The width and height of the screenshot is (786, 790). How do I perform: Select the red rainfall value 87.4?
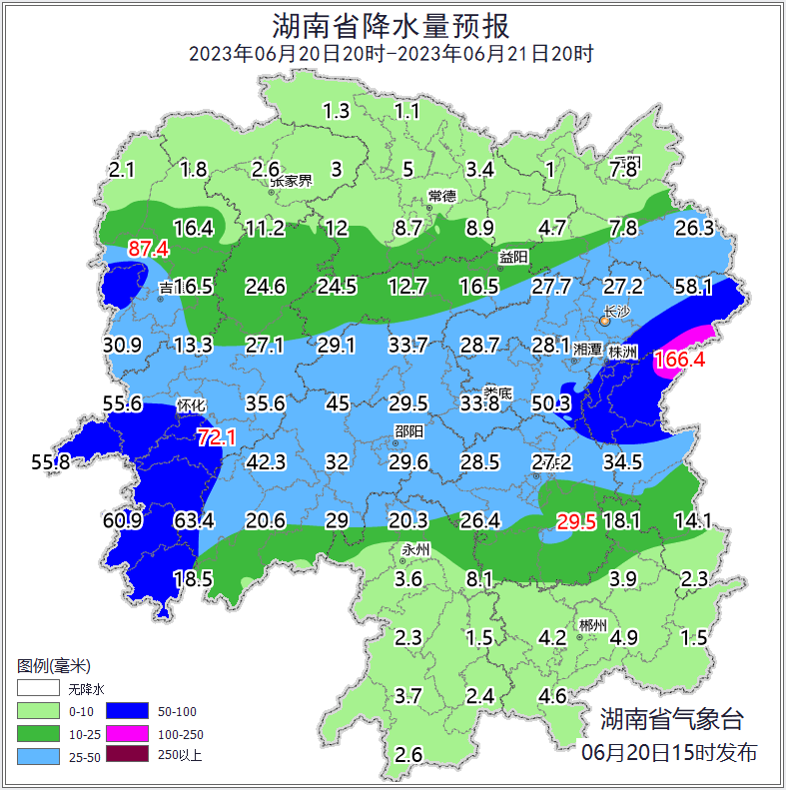(148, 249)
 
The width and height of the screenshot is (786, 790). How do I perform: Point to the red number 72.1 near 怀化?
(216, 436)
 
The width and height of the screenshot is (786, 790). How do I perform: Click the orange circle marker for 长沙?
(605, 321)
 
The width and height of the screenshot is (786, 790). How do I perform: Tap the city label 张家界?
(292, 181)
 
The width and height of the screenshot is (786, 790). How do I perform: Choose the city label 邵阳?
(407, 431)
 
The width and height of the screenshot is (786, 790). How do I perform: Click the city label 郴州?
(592, 626)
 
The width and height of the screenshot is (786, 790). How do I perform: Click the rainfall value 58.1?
(693, 288)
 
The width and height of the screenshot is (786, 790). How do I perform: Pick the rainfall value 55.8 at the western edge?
(51, 462)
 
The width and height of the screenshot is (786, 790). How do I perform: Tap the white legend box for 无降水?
(38, 688)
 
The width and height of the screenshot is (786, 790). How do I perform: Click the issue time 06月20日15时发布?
(669, 752)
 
